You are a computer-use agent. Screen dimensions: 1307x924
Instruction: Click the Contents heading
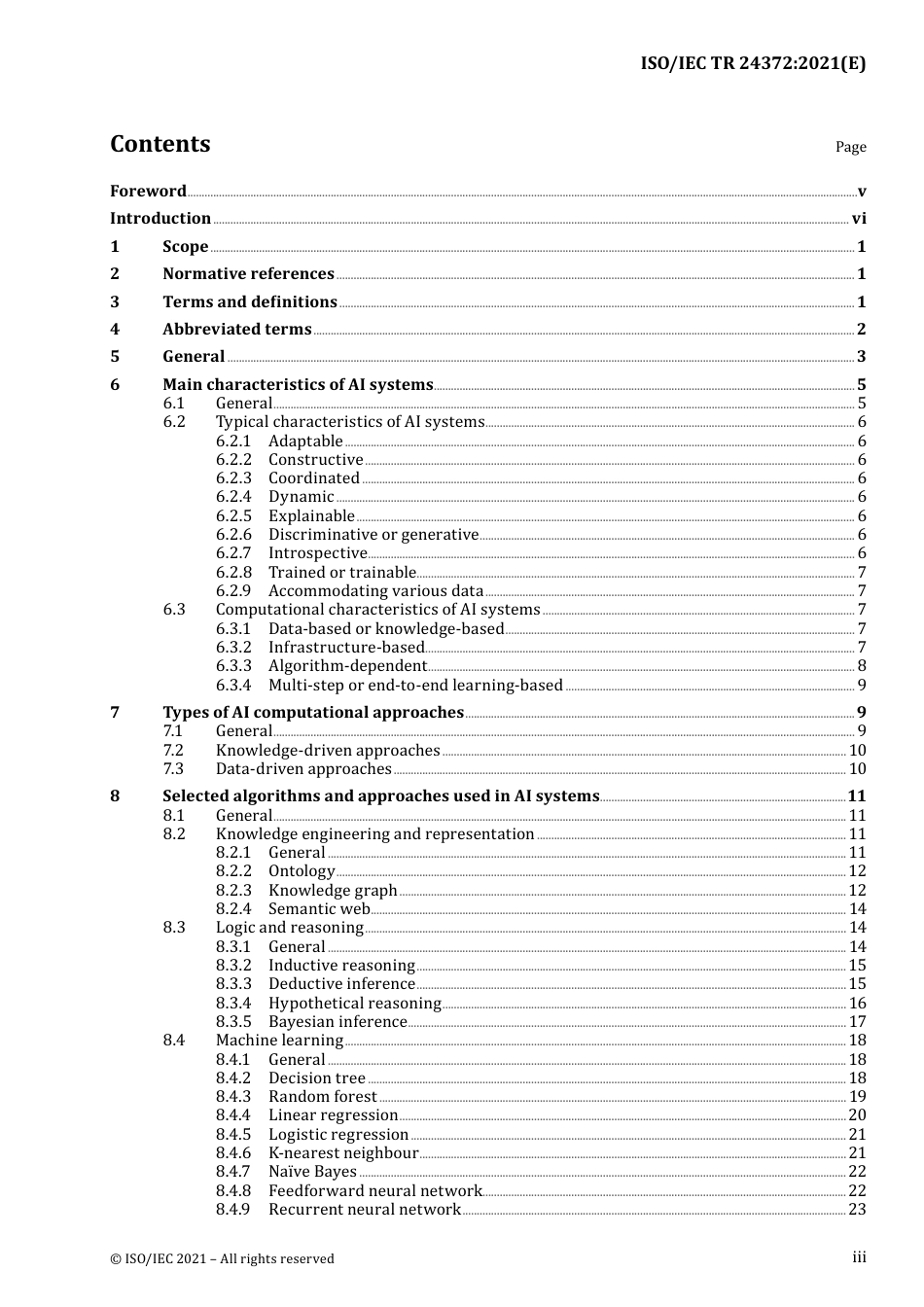point(160,144)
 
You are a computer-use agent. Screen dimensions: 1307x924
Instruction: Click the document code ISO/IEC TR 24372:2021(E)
point(753,63)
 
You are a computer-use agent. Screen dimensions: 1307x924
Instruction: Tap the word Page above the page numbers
point(850,147)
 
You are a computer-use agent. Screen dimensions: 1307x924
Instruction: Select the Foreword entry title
point(148,191)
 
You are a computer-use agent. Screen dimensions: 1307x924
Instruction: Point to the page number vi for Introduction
point(859,219)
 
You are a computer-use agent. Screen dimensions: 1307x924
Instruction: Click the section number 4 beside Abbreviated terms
point(115,330)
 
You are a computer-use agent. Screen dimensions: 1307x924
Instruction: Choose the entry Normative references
point(248,274)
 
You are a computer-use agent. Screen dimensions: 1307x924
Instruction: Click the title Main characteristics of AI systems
point(298,385)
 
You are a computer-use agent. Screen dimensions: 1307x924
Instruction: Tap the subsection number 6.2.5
point(233,516)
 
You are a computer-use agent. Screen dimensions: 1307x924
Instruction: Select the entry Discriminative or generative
point(373,535)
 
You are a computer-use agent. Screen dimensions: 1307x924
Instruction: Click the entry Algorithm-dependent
point(347,666)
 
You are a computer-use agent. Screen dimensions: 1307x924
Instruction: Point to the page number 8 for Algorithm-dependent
point(862,666)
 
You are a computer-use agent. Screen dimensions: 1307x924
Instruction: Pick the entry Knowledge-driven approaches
point(328,751)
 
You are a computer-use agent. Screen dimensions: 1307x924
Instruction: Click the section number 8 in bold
point(115,796)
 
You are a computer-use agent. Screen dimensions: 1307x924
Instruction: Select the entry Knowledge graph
point(333,891)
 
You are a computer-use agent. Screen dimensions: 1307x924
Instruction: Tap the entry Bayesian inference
point(338,1022)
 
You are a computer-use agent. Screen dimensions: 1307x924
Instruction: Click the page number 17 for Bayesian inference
point(857,1022)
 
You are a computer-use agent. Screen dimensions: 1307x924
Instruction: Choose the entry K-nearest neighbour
point(343,1153)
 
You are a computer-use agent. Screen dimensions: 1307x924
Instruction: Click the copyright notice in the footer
point(222,1258)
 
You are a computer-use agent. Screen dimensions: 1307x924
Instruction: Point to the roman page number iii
point(859,1257)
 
